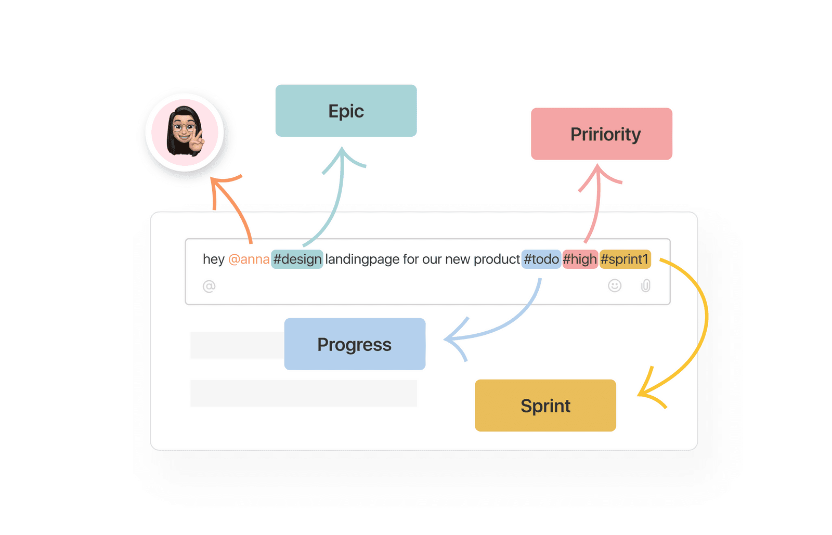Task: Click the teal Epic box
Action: click(346, 111)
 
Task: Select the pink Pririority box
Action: click(601, 134)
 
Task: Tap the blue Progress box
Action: click(355, 344)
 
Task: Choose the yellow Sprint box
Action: click(545, 405)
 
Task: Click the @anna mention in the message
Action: click(249, 259)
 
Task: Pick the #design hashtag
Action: click(297, 259)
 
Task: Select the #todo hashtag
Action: click(541, 259)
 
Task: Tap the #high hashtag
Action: click(580, 259)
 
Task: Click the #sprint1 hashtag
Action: click(625, 259)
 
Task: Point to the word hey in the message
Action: click(214, 259)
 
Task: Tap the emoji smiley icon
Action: click(614, 285)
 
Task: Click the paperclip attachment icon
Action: click(645, 285)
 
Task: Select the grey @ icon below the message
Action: click(209, 286)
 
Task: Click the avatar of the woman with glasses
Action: click(185, 132)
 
